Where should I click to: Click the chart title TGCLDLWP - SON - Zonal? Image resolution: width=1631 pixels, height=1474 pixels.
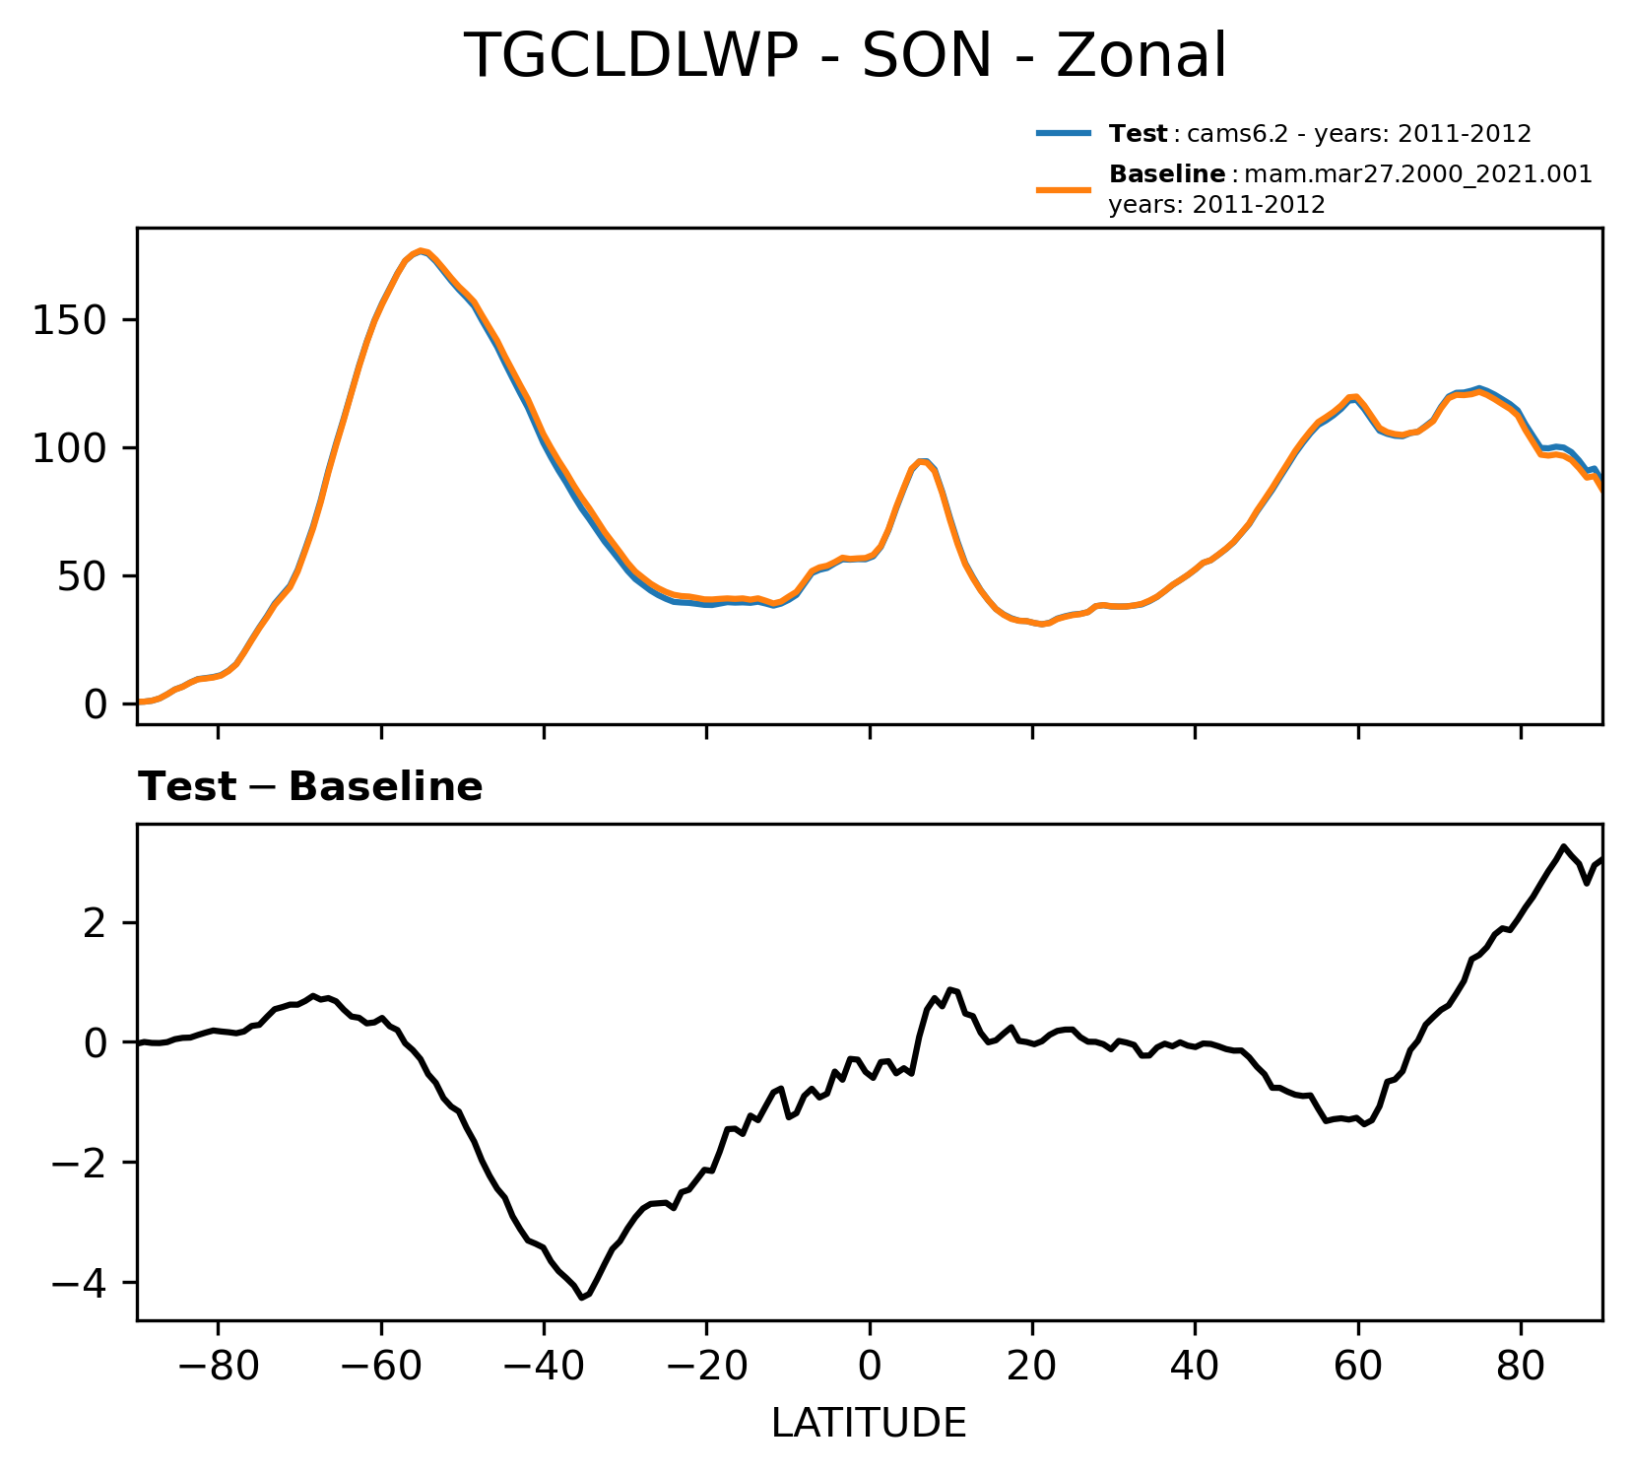click(x=845, y=56)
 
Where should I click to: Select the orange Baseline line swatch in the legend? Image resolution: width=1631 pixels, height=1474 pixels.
click(x=1063, y=189)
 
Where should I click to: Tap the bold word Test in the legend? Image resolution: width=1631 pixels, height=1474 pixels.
click(x=1139, y=134)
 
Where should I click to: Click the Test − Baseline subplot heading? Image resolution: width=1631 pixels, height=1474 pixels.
click(x=310, y=787)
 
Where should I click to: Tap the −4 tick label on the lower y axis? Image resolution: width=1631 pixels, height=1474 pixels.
click(x=82, y=1283)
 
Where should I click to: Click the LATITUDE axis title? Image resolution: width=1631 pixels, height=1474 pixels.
click(x=869, y=1424)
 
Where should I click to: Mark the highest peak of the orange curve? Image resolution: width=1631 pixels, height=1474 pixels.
click(x=421, y=251)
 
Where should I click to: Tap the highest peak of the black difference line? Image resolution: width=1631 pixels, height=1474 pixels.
click(x=1563, y=846)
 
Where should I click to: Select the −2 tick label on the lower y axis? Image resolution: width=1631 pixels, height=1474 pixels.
click(x=82, y=1163)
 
